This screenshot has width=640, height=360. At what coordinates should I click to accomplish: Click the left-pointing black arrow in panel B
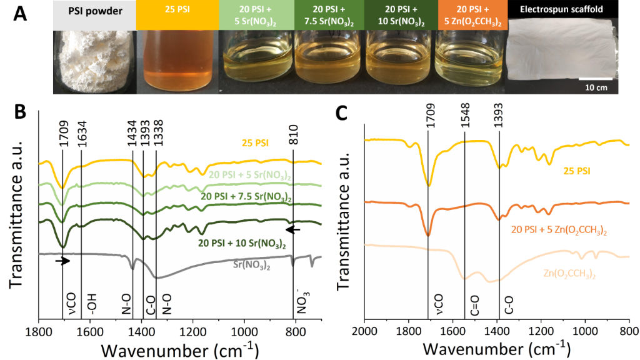click(x=293, y=229)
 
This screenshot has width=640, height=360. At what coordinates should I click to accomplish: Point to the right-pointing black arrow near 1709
click(x=62, y=260)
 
